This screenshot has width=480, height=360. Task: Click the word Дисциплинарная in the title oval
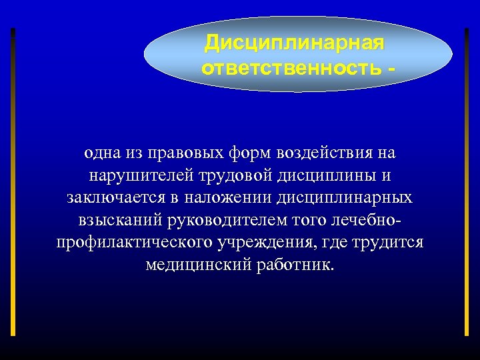(294, 44)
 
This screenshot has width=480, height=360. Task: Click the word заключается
(107, 198)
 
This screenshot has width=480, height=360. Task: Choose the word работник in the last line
(297, 265)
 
